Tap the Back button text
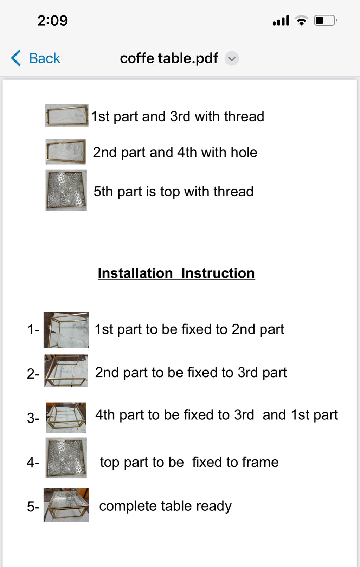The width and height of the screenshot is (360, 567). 45,58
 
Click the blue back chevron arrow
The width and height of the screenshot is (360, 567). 16,58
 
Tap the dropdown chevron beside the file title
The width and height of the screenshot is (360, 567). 232,58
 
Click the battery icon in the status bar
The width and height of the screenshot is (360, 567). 325,20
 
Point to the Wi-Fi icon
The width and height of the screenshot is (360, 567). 301,20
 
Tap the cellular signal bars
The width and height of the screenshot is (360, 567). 281,20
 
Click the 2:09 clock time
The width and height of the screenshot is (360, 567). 53,20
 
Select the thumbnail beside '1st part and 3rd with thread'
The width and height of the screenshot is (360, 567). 66,116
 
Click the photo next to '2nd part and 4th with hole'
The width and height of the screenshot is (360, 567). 66,152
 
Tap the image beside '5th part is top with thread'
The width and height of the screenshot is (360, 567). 66,190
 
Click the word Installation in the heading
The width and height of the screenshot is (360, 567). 135,273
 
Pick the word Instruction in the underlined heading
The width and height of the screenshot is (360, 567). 218,273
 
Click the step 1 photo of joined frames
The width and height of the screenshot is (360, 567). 66,330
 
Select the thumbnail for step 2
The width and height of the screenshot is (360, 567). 66,371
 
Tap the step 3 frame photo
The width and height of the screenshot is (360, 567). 66,418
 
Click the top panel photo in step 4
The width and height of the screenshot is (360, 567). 66,458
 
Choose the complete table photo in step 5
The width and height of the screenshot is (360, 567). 66,505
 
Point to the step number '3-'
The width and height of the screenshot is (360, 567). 33,418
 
